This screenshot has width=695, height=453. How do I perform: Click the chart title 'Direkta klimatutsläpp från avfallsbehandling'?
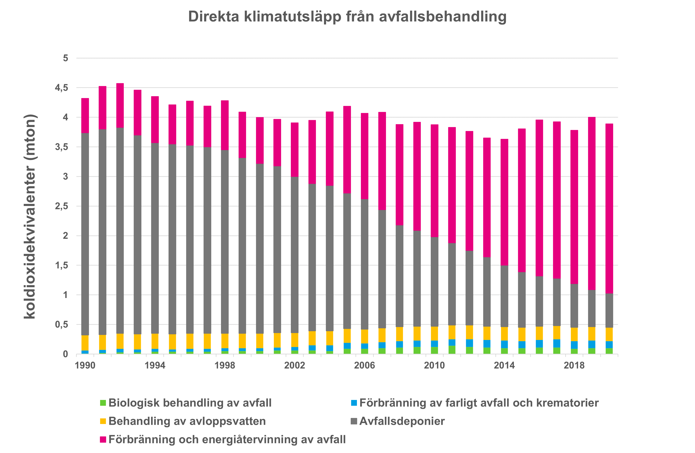coord(347,17)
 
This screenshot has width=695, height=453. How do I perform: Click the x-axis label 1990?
coord(85,365)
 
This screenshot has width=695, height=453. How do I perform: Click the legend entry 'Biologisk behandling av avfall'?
coord(190,403)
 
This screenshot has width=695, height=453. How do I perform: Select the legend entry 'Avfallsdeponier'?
coord(402,421)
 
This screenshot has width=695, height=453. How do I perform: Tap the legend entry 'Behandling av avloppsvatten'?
coord(187,421)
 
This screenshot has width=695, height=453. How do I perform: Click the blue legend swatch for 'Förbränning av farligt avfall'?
coord(354,403)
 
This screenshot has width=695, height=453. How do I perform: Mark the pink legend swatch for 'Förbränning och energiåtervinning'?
coord(103,440)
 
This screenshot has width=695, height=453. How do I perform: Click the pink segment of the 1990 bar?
coord(85,116)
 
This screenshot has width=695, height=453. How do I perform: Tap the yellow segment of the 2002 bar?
coord(295,340)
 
